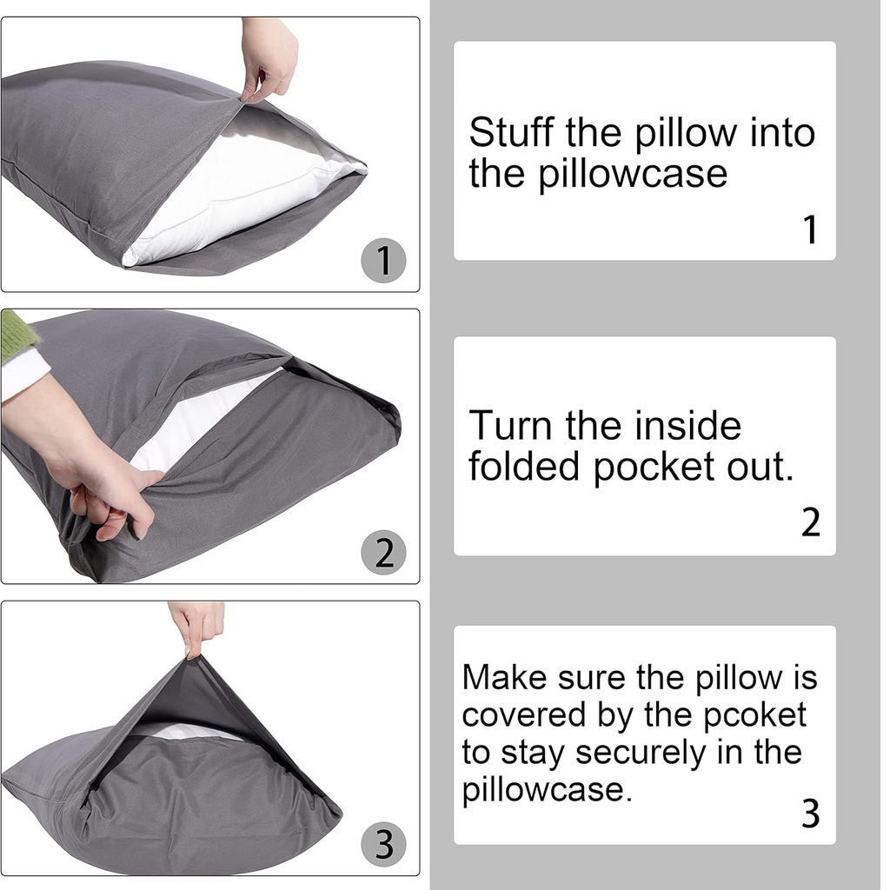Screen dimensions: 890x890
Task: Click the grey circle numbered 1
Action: tap(383, 261)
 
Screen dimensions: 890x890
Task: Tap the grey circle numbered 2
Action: tap(383, 552)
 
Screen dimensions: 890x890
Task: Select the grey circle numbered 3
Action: tap(383, 844)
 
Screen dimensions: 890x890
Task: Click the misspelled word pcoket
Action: tap(755, 715)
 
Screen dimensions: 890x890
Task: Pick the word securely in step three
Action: tap(642, 753)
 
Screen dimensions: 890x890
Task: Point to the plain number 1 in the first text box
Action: tap(811, 229)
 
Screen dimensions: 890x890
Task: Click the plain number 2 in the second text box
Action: tap(811, 522)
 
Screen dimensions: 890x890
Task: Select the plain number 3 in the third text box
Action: tap(811, 814)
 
